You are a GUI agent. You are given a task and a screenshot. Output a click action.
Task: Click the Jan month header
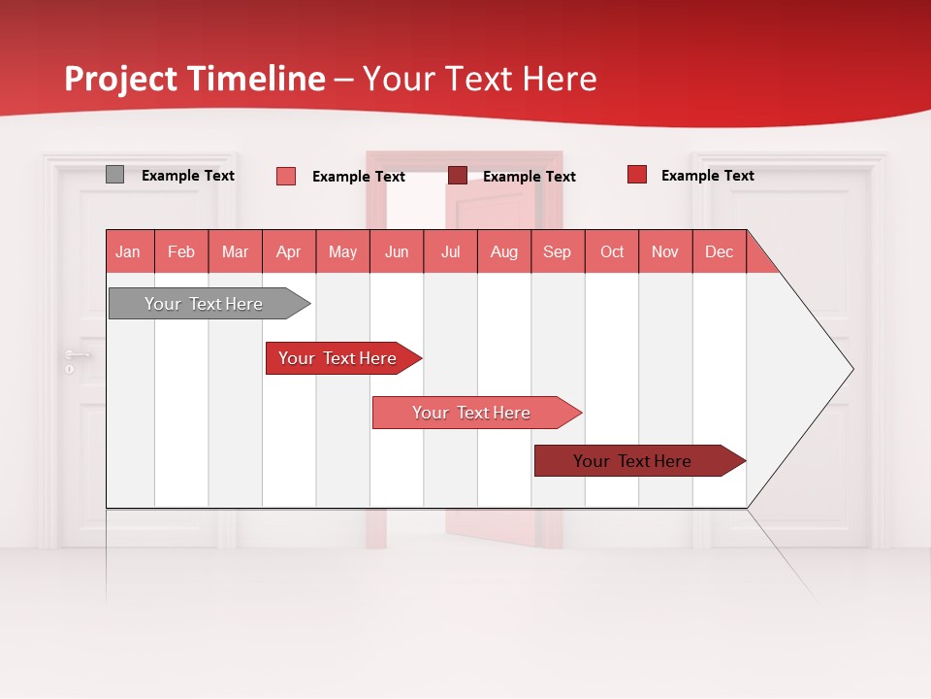128,251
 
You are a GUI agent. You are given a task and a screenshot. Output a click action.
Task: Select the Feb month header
181,251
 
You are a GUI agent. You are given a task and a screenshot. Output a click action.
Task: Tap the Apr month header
288,251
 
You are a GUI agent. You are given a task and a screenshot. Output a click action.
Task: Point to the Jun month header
396,251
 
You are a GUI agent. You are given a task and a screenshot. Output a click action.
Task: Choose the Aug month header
503,251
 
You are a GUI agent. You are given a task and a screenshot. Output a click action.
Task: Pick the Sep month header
557,251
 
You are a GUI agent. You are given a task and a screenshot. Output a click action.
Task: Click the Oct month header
612,251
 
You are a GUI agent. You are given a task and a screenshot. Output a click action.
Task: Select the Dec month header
719,251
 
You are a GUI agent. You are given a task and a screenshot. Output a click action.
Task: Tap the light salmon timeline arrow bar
472,413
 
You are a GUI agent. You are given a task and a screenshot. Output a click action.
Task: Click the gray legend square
114,175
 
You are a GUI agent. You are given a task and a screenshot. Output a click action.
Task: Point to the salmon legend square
285,176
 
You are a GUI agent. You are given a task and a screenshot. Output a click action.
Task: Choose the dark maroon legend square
457,175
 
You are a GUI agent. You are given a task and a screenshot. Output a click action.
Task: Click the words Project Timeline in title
194,79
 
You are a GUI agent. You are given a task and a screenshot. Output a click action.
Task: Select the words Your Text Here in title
480,79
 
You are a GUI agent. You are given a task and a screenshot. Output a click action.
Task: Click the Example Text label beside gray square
188,176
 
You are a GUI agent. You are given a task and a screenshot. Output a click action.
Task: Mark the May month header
342,251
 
